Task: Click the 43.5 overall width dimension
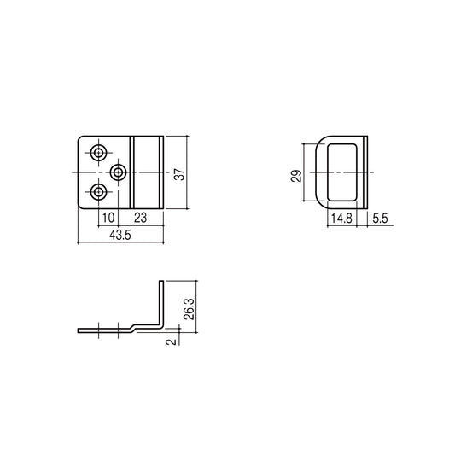tap(120, 235)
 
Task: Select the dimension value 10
tap(108, 218)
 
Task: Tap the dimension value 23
tap(141, 218)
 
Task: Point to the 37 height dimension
tap(179, 174)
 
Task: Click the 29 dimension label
tap(296, 176)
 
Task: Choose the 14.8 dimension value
tap(341, 219)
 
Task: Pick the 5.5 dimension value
tap(380, 219)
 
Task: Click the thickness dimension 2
tap(171, 341)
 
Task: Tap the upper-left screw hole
tap(99, 152)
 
